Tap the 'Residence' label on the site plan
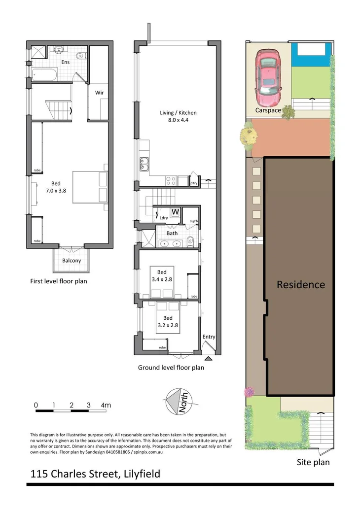click(300, 285)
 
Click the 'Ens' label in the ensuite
click(66, 63)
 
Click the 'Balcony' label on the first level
click(72, 261)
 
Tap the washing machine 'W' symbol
click(175, 212)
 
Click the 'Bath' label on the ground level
click(172, 233)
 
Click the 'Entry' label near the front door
click(209, 337)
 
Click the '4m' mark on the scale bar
click(106, 406)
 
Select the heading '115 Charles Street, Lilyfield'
click(95, 475)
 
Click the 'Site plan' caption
click(313, 462)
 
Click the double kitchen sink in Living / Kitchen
click(145, 164)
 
